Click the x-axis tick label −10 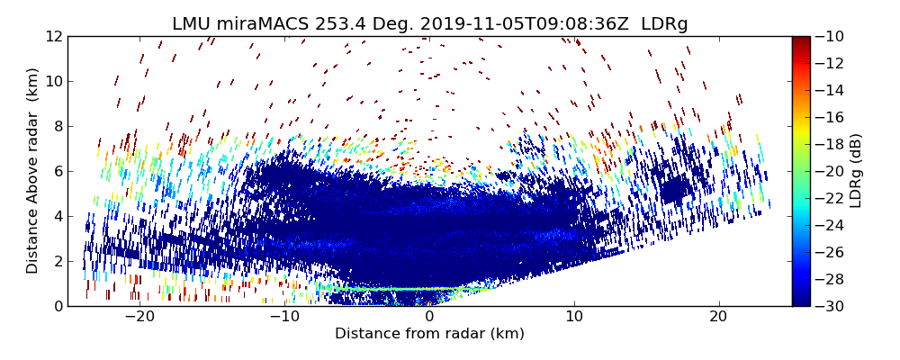[284, 317]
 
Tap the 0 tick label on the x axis [429, 317]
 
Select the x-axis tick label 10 [574, 317]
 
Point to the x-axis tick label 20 [718, 317]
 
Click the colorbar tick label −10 [831, 37]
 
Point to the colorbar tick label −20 [831, 172]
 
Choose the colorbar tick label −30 [831, 306]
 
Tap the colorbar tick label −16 [831, 118]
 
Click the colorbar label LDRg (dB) [856, 171]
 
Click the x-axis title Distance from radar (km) [429, 334]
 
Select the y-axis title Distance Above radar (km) [33, 171]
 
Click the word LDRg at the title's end [664, 24]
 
